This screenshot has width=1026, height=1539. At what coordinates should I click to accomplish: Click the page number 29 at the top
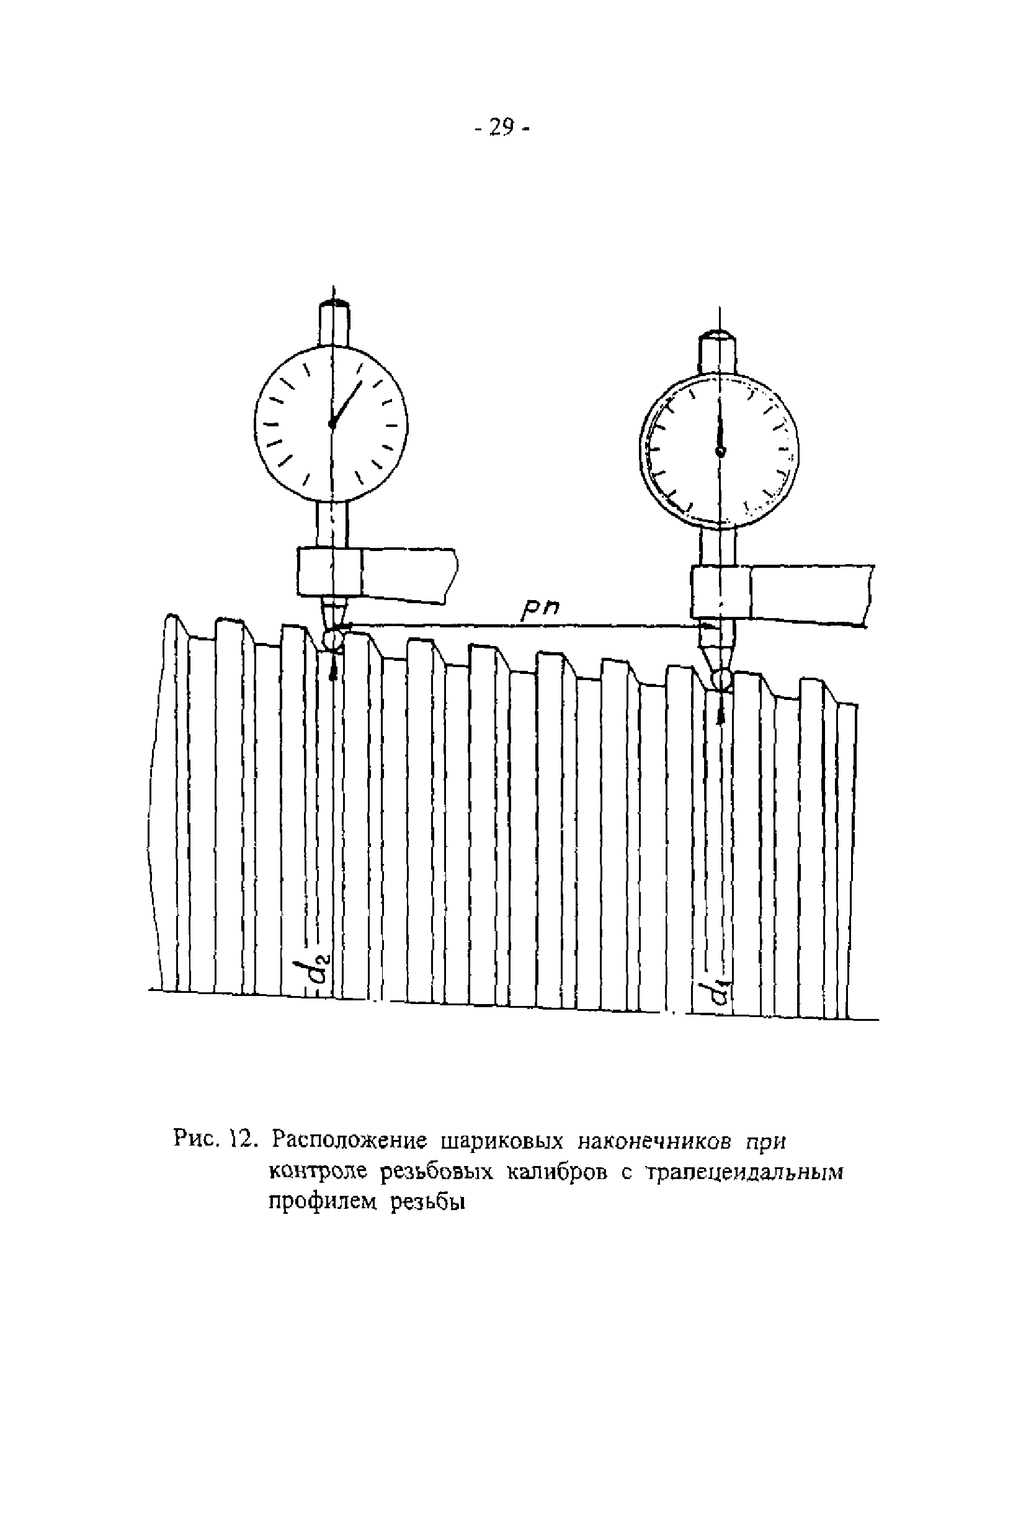click(x=501, y=127)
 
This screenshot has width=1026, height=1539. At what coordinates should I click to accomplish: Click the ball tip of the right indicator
click(x=721, y=679)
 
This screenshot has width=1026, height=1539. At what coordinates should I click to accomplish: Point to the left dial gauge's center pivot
click(x=332, y=424)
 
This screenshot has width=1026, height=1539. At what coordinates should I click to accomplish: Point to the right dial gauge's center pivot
click(x=720, y=451)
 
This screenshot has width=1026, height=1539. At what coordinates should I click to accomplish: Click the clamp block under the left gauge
click(x=329, y=572)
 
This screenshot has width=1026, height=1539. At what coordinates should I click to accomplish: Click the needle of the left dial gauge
click(x=347, y=402)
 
